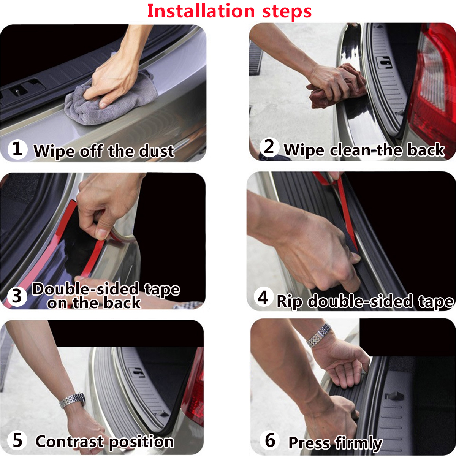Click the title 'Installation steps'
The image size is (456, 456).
pos(229,11)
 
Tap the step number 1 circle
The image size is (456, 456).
pos(17,149)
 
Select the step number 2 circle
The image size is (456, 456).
pos(269,147)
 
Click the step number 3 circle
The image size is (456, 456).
pos(17,296)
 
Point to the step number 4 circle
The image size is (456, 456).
pos(263,298)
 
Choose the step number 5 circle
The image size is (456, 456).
pos(17,440)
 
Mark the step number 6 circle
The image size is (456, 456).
pos(270,440)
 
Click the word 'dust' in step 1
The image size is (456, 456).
pos(156,151)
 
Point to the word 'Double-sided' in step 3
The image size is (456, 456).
pos(85,289)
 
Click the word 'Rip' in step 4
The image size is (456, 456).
pos(289,301)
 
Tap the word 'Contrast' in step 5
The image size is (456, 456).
pos(69,442)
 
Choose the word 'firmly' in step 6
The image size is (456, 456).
pos(358,443)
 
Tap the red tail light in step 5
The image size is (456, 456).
pos(194,391)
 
